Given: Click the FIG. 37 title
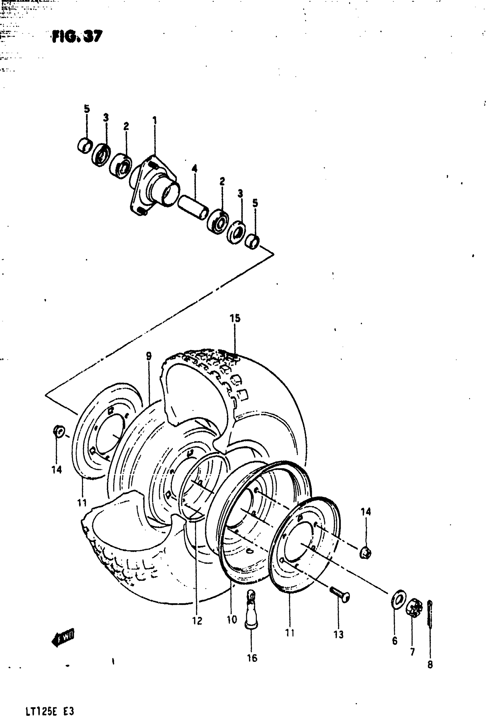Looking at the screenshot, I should coord(77,36).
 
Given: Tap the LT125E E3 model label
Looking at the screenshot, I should coord(50,712).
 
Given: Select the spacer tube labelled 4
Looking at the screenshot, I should coord(193,207).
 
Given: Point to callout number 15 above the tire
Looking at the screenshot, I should coord(235,318).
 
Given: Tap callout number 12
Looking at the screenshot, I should coord(197,621).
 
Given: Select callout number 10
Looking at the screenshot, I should coord(231,619).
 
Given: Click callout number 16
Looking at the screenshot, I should coord(252,658).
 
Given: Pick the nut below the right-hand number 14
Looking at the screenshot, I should coord(365,553).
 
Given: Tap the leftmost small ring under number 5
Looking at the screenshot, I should coord(85,145).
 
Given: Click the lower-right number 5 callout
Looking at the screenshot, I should coord(255,203).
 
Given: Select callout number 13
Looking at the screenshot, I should coord(338,635).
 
